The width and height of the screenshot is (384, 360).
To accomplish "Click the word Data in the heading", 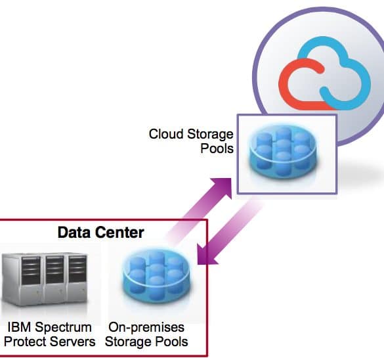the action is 74,233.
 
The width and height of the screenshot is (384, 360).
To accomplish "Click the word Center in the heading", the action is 119,233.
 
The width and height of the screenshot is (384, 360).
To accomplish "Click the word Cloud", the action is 166,134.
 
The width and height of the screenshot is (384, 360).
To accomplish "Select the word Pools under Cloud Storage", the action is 217,148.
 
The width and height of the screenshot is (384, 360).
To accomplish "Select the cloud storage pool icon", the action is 284,152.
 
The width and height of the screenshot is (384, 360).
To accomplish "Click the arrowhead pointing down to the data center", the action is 205,256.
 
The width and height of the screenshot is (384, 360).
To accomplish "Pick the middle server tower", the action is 55,279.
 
